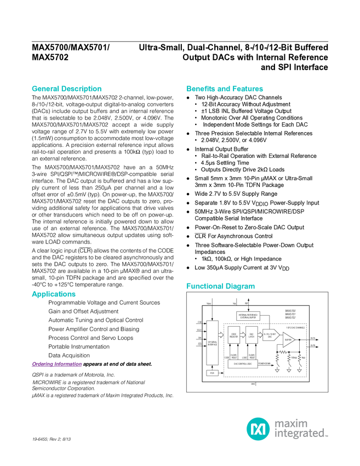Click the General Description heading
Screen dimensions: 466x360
(x=66, y=89)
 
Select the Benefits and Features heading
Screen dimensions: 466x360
(x=225, y=89)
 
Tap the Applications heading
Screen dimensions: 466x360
(x=53, y=294)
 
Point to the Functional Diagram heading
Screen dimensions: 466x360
(x=220, y=286)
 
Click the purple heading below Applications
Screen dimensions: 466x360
(x=56, y=364)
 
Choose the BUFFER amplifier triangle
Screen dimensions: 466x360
(x=288, y=340)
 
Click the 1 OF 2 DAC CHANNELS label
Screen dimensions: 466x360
(x=295, y=327)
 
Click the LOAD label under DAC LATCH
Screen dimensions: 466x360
(x=244, y=357)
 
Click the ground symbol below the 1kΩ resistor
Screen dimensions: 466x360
(x=300, y=371)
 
